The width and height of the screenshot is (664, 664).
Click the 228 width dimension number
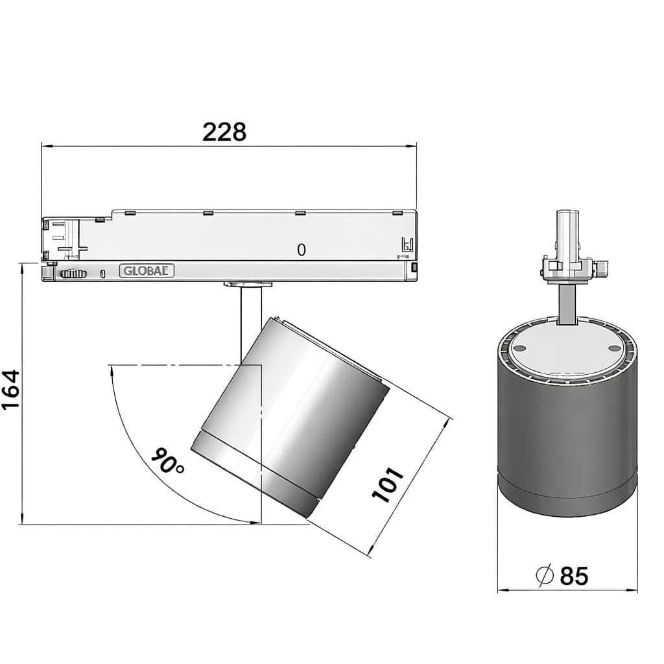tap(224, 132)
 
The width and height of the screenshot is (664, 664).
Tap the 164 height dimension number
tap(10, 389)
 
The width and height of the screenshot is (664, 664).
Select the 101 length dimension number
tap(388, 485)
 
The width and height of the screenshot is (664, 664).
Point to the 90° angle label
tap(168, 460)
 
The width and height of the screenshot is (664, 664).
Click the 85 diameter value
tap(575, 576)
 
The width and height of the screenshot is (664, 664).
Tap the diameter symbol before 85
tap(545, 576)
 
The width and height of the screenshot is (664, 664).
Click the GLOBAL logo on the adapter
tap(147, 270)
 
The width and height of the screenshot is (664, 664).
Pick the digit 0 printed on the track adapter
tap(301, 250)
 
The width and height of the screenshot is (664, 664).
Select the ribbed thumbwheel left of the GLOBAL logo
tap(74, 274)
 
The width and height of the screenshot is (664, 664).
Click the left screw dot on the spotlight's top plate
tap(520, 348)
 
